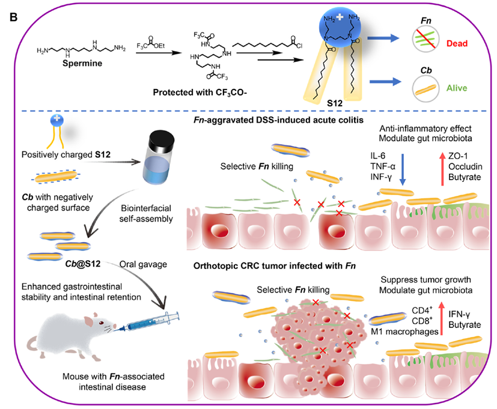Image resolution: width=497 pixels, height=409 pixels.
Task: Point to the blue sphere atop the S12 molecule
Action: pyautogui.click(x=338, y=23)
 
